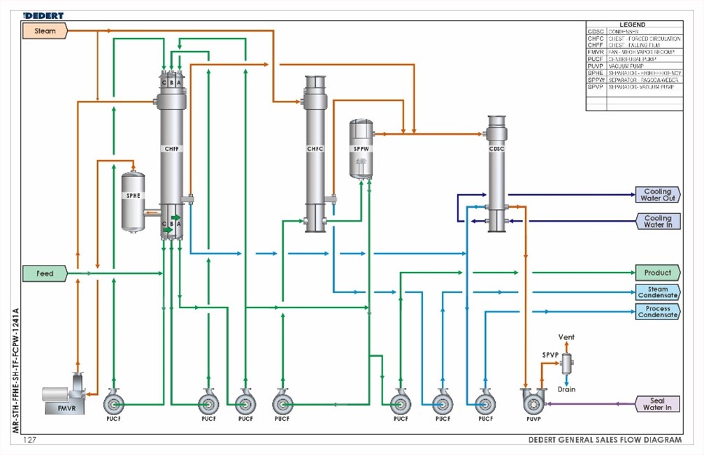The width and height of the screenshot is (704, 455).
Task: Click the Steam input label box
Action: coord(45,31)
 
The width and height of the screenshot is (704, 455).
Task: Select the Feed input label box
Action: coord(45,273)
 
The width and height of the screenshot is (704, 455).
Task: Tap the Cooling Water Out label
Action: coord(656,194)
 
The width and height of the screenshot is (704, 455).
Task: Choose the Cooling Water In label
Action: coord(656,222)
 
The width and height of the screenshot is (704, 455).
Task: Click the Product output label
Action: coord(657,273)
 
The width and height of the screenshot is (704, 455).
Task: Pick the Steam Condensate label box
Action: coord(657,292)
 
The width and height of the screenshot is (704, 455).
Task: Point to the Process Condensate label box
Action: coord(657,312)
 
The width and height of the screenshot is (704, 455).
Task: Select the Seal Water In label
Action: coord(657,404)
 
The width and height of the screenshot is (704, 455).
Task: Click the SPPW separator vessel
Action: coord(361,148)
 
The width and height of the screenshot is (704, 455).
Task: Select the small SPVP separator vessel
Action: coord(566,362)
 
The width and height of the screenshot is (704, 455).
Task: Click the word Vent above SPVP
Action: coord(566,338)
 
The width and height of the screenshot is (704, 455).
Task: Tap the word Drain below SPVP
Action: coord(566,389)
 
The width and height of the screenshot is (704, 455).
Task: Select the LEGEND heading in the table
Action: coord(632,24)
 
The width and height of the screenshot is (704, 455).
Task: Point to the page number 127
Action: coord(30,440)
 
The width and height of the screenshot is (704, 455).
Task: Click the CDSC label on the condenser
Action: coord(496,148)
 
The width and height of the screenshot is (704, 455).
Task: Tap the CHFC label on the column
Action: coord(315,149)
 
